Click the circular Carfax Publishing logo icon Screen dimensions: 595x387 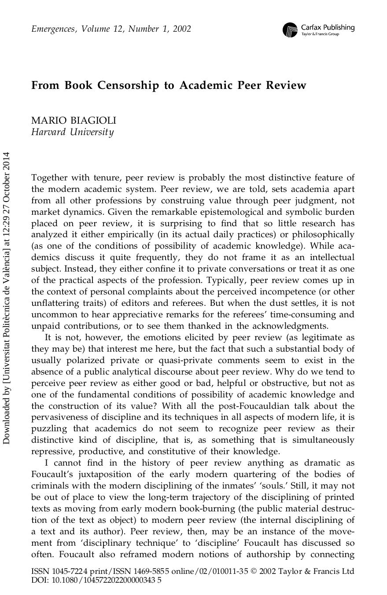point(290,29)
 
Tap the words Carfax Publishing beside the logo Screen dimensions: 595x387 point(328,27)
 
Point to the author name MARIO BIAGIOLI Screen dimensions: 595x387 point(74,121)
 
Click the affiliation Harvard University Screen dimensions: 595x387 point(72,132)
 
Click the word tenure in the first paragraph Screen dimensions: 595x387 point(107,178)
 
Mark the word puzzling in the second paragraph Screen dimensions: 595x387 point(49,429)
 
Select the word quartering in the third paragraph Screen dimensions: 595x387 point(256,474)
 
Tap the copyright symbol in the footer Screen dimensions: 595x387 point(254,571)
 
